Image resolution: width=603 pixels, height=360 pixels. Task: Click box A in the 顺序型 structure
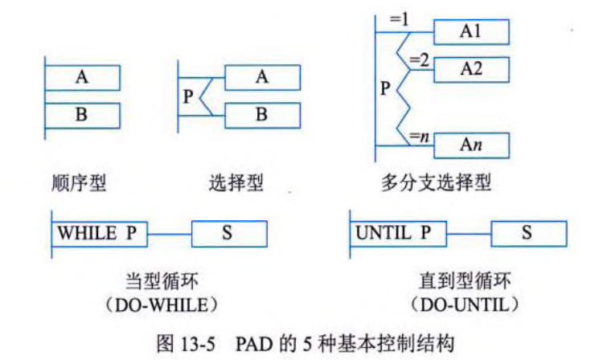point(82,77)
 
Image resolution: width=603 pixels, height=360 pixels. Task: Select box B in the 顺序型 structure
point(82,115)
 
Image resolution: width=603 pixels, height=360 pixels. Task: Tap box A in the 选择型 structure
point(262,77)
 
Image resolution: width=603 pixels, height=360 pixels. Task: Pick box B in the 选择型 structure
point(262,115)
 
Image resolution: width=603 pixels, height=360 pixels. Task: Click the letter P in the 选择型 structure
point(187,97)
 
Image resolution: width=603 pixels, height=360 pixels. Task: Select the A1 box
point(471,31)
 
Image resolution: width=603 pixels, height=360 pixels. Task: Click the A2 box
point(471,68)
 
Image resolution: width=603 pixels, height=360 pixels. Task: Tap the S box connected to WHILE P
point(229,234)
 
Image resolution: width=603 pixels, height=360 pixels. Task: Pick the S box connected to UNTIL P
point(527,234)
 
